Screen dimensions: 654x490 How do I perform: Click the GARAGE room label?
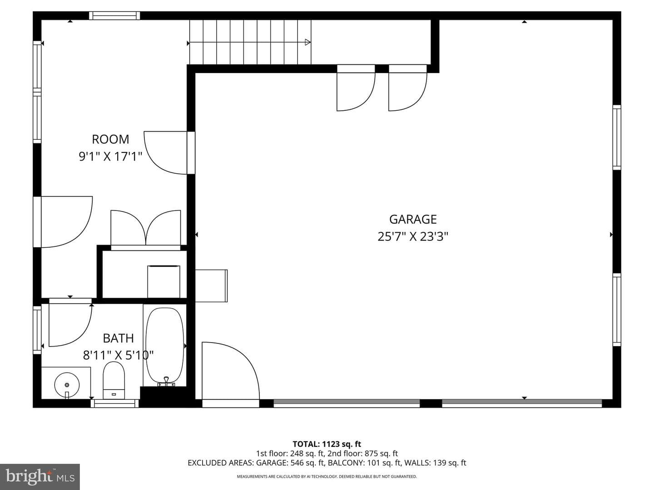413,219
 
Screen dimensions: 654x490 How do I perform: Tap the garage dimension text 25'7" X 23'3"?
413,237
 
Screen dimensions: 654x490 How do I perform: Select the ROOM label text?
110,139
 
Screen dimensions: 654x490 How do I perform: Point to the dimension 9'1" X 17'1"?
110,157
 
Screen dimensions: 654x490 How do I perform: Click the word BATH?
118,338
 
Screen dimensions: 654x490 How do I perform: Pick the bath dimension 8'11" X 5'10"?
118,355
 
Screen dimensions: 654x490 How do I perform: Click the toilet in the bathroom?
114,380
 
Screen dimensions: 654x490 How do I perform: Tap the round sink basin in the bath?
67,385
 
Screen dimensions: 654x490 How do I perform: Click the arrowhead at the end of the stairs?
308,43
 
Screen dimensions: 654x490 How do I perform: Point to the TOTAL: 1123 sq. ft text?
327,444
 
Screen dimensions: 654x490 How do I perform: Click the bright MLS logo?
40,477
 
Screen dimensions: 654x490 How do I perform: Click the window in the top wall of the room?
114,15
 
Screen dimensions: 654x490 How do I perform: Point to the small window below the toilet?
115,403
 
